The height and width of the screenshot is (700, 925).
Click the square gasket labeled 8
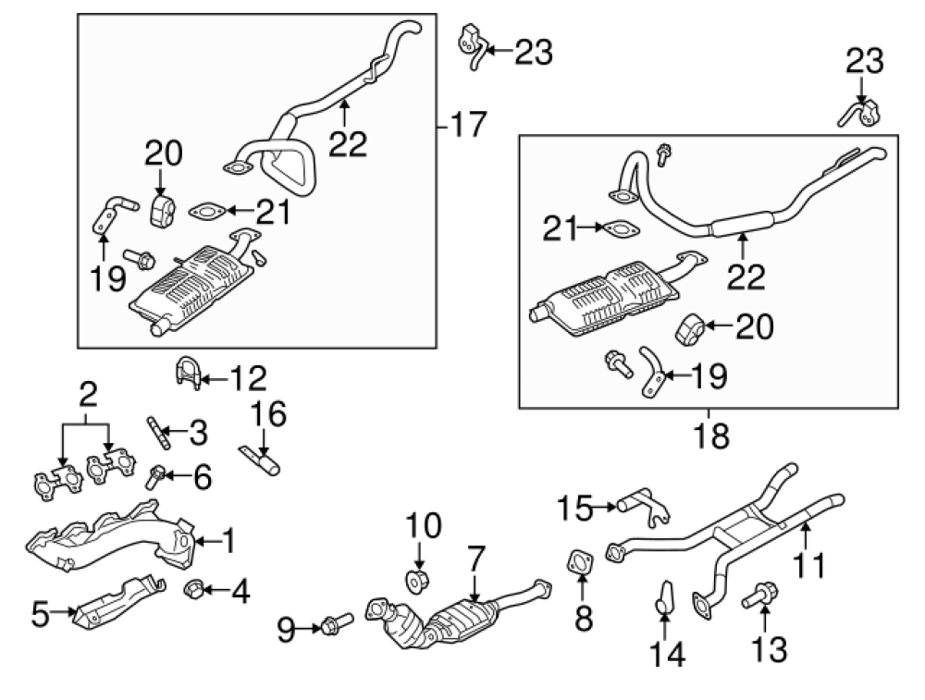(x=580, y=562)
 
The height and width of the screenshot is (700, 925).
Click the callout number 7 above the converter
(x=476, y=558)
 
